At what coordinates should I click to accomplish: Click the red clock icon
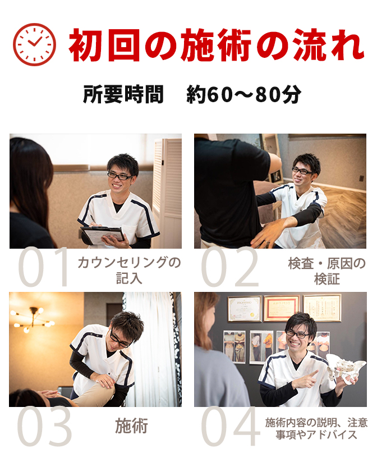[x=34, y=44]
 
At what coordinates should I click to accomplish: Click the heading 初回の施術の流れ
[x=217, y=45]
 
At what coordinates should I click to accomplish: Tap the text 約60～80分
[x=244, y=94]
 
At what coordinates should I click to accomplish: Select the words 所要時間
[x=123, y=94]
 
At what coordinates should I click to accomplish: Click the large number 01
[x=43, y=267]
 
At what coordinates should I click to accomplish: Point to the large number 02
[x=230, y=267]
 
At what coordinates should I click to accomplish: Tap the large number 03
[x=44, y=426]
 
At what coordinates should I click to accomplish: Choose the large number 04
[x=231, y=426]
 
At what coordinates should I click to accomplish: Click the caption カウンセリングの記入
[x=129, y=270]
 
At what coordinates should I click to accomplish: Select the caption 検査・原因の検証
[x=327, y=271]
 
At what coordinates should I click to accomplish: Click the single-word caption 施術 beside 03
[x=131, y=426]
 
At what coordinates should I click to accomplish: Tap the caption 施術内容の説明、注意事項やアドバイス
[x=316, y=428]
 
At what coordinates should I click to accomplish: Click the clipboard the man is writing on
[x=103, y=235]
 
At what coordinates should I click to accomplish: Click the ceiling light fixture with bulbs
[x=32, y=319]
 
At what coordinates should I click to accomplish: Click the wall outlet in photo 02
[x=362, y=179]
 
